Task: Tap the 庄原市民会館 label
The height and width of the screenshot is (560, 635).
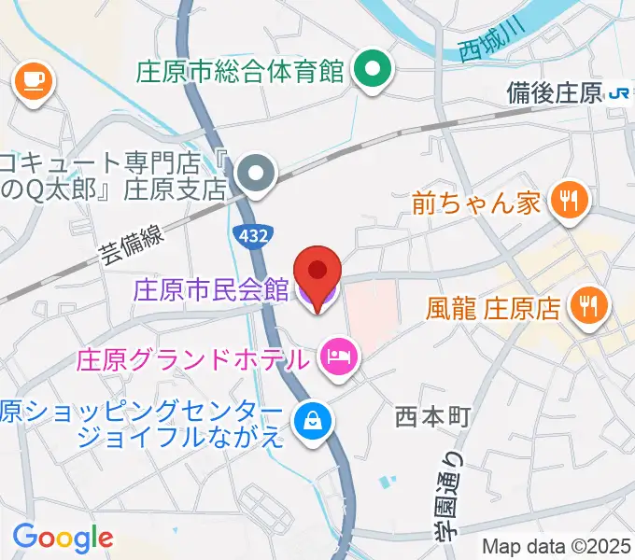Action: tap(211, 290)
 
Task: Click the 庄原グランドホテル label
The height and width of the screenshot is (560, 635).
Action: tap(191, 357)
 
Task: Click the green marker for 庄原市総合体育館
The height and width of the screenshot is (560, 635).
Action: tap(374, 70)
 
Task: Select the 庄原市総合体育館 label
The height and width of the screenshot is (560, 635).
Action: tap(241, 71)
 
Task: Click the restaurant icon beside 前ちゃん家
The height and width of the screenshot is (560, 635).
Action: tap(567, 199)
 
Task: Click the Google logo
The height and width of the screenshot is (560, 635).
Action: tap(63, 537)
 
